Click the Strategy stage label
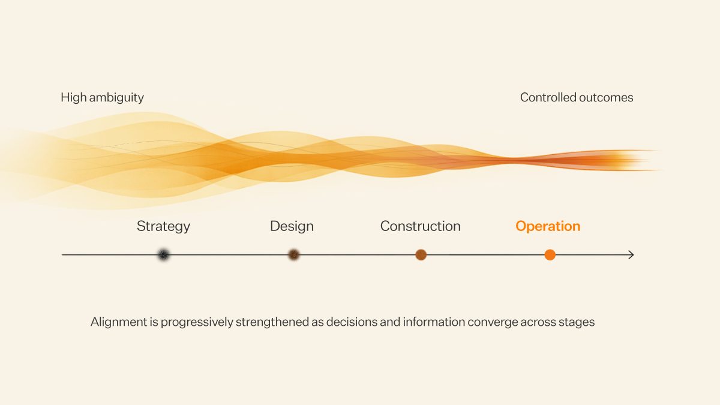163,226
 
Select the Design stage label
292,226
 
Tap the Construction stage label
420,226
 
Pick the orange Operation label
548,226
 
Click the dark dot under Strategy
163,255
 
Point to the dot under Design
293,255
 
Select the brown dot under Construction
421,255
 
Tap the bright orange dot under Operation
550,255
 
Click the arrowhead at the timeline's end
631,255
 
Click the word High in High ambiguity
73,97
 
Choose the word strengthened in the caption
272,322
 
